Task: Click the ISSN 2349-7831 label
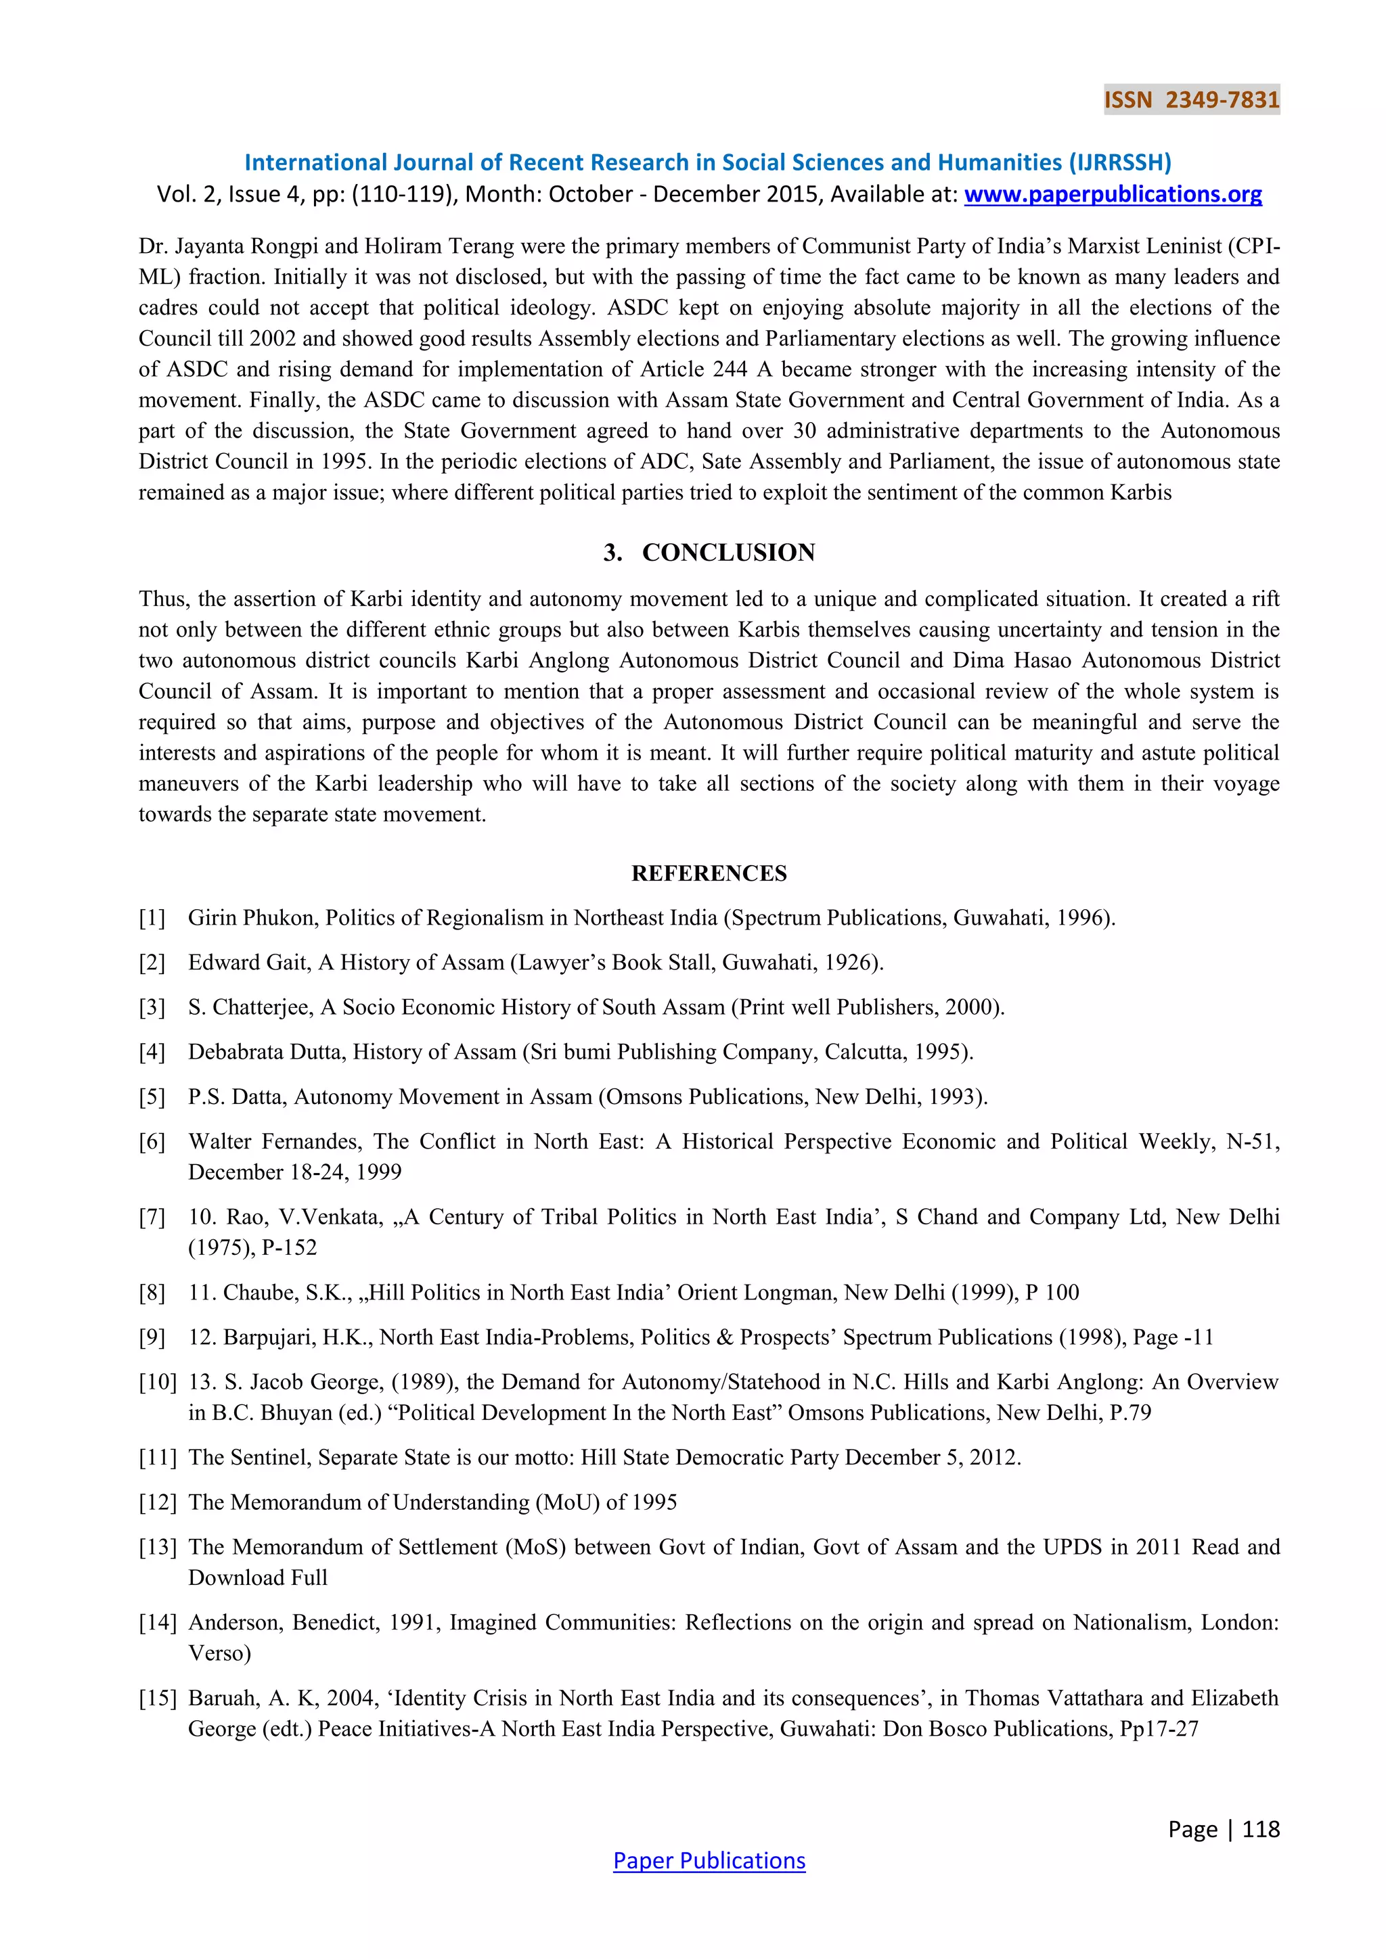[1191, 100]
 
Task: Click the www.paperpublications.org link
[1112, 195]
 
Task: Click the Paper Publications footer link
[709, 1860]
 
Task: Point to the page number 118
[1261, 1828]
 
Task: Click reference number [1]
[152, 918]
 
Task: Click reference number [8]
[152, 1293]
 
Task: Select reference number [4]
[152, 1052]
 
